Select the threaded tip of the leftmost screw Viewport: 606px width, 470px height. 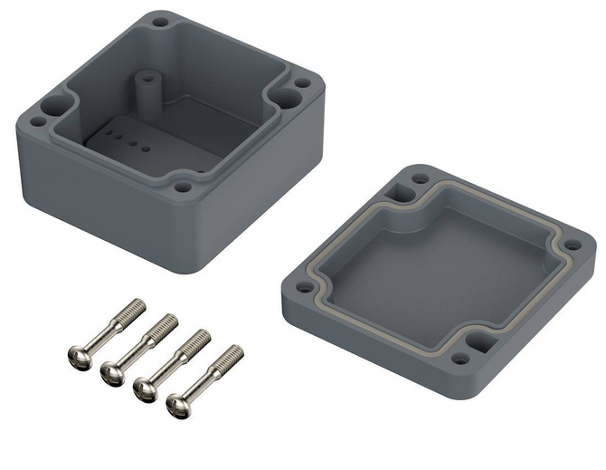pyautogui.click(x=136, y=305)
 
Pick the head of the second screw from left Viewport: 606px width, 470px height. pyautogui.click(x=112, y=373)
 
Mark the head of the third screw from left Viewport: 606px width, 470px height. pyautogui.click(x=144, y=388)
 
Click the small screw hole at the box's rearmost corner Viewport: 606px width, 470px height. pyautogui.click(x=160, y=22)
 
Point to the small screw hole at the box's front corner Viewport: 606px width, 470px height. pyautogui.click(x=184, y=187)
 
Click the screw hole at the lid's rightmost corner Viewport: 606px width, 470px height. pyautogui.click(x=572, y=245)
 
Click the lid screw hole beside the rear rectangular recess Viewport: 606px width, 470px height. pyautogui.click(x=420, y=178)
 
